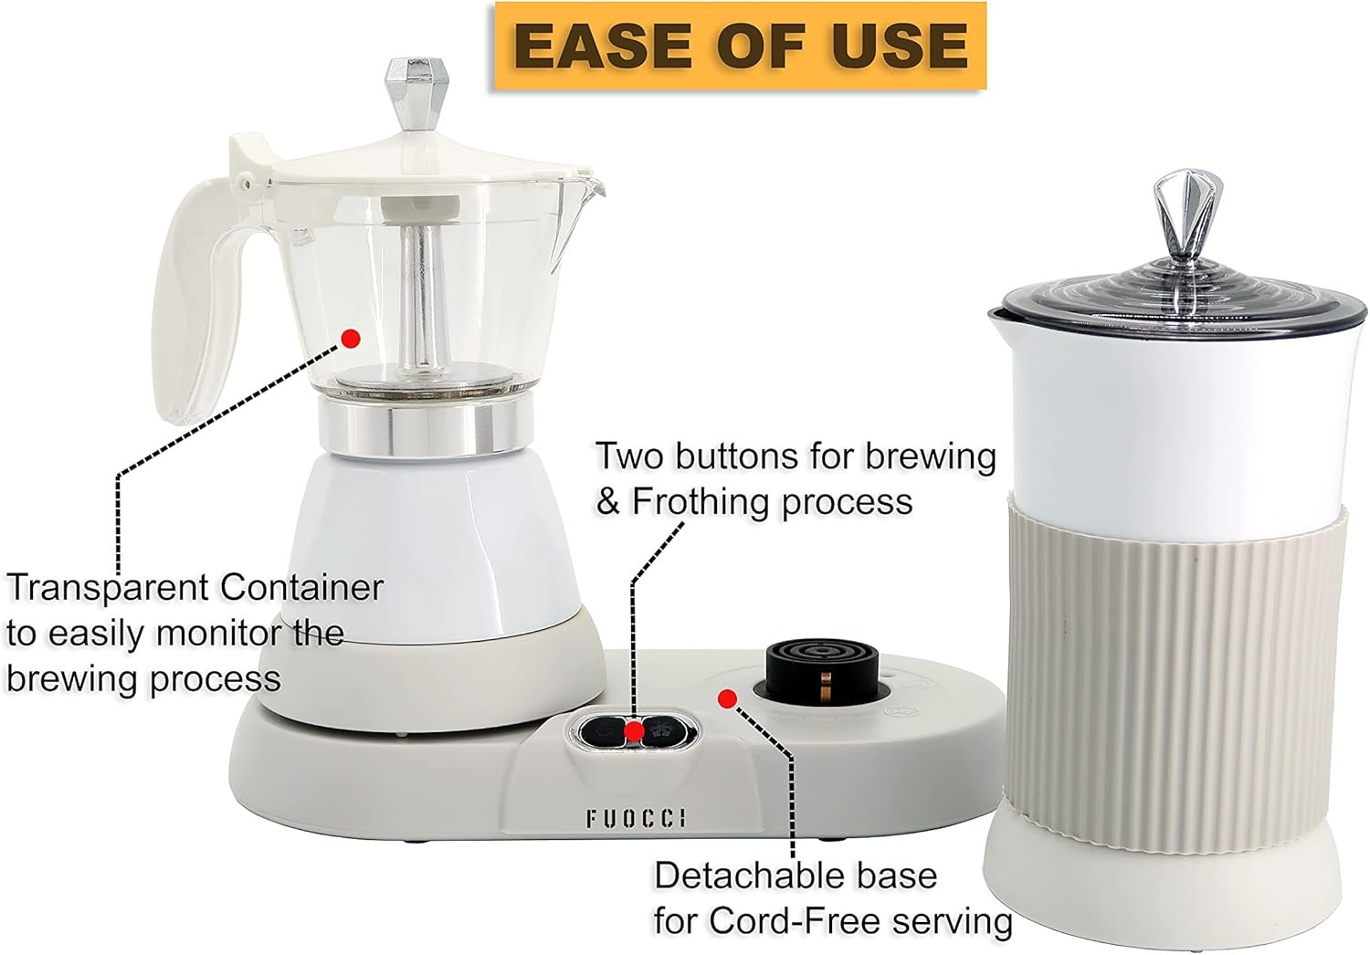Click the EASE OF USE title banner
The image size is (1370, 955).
click(x=740, y=46)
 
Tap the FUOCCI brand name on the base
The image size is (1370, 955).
click(x=636, y=818)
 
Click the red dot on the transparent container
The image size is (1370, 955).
click(x=351, y=338)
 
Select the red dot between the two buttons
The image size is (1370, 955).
click(x=634, y=730)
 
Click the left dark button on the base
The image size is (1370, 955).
click(x=603, y=730)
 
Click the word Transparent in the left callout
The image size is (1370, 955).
click(x=107, y=588)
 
